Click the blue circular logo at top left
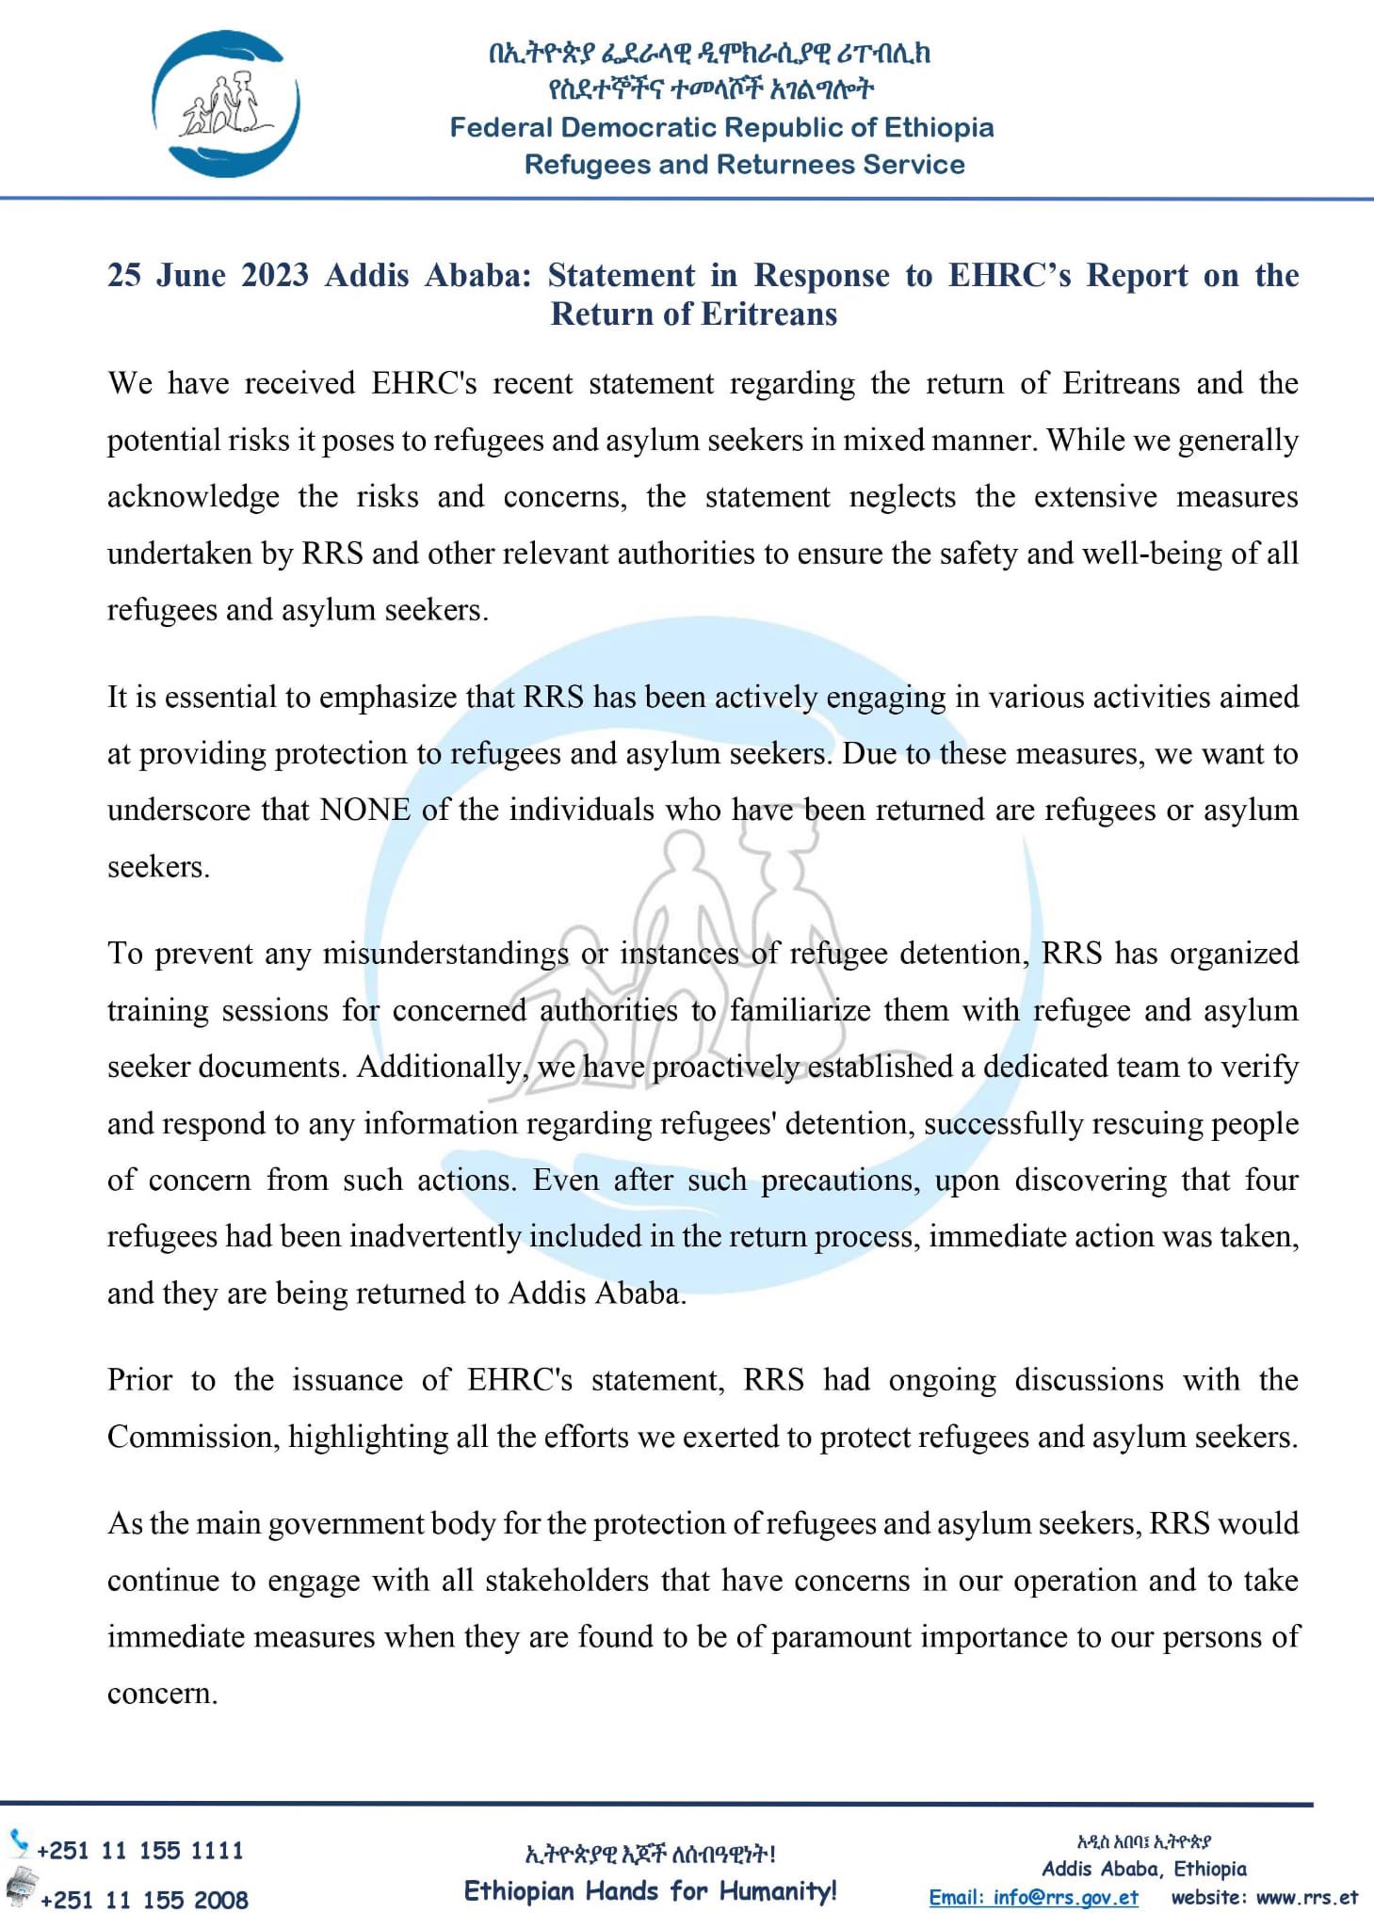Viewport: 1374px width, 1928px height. [x=226, y=104]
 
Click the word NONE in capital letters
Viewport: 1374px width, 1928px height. [x=365, y=811]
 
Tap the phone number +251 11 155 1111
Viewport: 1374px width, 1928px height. [x=140, y=1850]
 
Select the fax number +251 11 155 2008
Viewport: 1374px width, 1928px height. [x=144, y=1900]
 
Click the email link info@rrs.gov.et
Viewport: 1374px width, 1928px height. [x=1033, y=1897]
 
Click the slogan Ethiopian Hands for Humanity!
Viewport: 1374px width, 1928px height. [x=650, y=1890]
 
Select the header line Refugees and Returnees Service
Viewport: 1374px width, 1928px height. [x=744, y=165]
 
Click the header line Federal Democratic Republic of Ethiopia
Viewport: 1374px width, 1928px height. [x=721, y=127]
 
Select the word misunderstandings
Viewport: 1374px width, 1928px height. [x=445, y=954]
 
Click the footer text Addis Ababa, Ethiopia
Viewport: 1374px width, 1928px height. [x=1143, y=1869]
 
